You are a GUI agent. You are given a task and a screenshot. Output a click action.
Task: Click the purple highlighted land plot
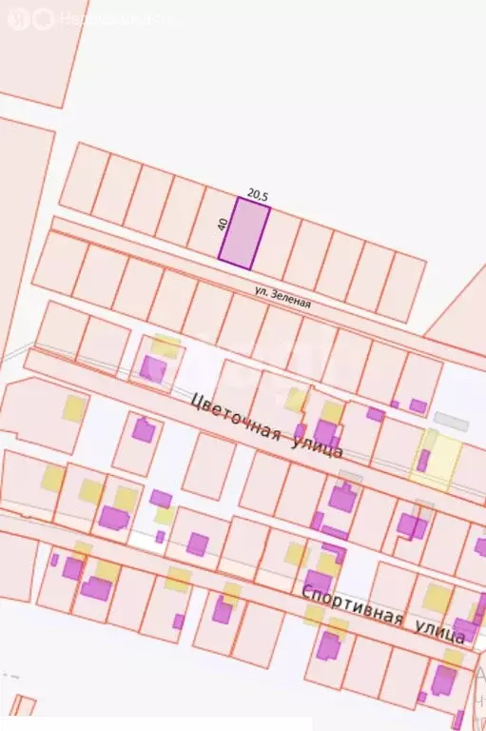244,233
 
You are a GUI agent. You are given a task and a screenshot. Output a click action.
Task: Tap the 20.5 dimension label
258,194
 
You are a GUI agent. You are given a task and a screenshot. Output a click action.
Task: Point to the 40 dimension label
223,225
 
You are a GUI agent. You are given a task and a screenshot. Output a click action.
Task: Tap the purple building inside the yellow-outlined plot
423,461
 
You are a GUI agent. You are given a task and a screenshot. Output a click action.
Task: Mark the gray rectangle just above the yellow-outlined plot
451,419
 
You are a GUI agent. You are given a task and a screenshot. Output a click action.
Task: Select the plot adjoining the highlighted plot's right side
277,245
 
